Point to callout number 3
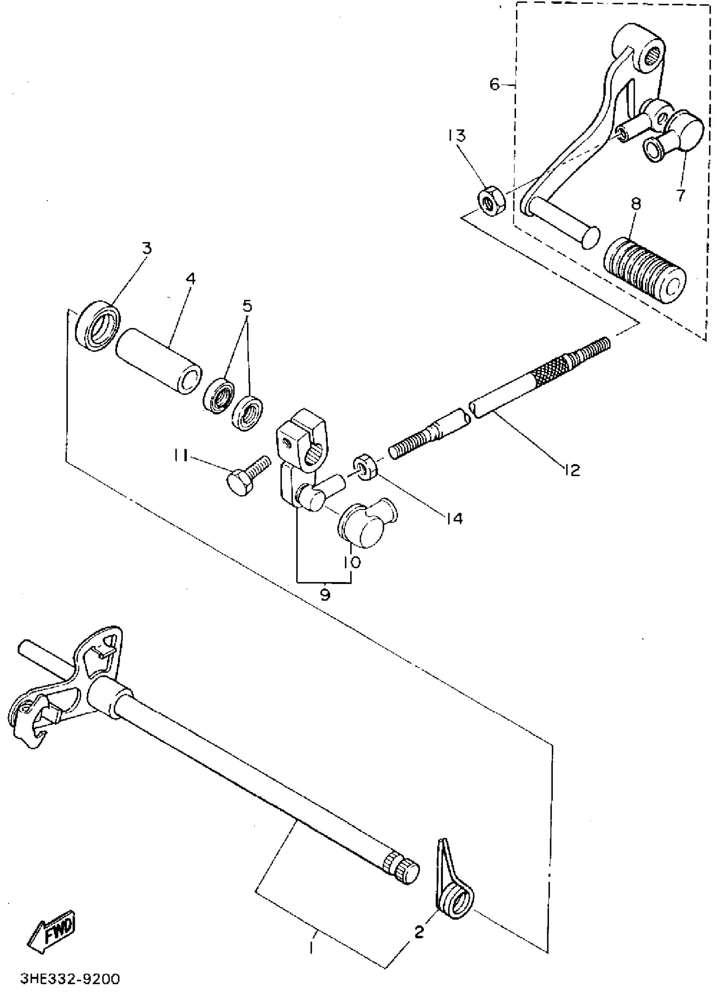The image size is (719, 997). pos(146,248)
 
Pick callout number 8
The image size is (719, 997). pos(635,204)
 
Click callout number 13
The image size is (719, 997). pos(457,135)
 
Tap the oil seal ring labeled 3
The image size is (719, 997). pos(98,325)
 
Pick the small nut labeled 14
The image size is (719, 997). pos(365,467)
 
